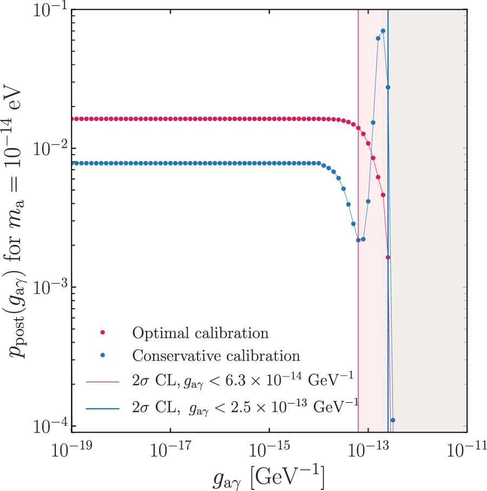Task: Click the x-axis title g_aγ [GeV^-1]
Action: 268,476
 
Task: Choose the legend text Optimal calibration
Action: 200,333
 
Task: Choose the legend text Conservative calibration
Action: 216,356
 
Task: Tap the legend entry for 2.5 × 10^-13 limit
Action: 243,404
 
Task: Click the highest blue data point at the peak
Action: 383,31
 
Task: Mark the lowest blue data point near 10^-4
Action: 393,420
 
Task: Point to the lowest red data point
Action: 388,257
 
